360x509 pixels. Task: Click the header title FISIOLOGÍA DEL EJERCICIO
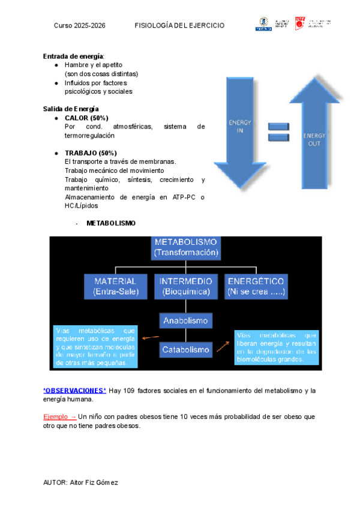179,26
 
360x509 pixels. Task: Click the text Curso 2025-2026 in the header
79,26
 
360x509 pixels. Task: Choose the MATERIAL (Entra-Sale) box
116,286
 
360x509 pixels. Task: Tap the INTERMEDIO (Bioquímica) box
186,286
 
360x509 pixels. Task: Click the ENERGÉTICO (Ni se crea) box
256,286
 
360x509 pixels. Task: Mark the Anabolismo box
186,321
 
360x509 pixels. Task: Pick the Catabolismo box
186,349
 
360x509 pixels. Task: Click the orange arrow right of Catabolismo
223,346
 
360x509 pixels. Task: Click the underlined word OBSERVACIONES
74,391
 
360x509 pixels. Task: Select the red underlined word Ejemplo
56,416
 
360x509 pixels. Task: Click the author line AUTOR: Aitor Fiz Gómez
81,483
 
